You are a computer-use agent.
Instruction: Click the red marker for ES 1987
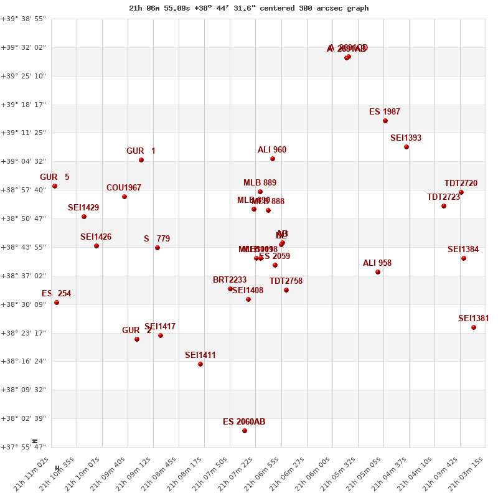pos(385,121)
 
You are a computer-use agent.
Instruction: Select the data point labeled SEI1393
pos(406,147)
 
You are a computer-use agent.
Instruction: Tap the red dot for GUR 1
pos(141,160)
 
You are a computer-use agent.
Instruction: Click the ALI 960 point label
pos(272,150)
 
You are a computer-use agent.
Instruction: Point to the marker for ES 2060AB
pos(245,431)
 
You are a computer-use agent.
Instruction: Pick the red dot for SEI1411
pos(200,364)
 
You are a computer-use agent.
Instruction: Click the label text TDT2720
pos(461,184)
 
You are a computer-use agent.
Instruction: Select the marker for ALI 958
pos(378,272)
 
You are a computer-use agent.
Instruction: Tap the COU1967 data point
pos(125,197)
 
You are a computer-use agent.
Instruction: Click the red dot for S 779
pos(157,248)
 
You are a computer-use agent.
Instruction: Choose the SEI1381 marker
pos(474,327)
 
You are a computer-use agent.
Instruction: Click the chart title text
pos(248,8)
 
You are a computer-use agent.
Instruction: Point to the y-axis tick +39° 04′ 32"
pos(23,161)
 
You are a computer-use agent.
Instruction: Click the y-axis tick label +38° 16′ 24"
pos(23,361)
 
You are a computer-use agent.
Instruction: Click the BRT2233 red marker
pos(230,289)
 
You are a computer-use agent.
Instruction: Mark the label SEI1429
pos(83,208)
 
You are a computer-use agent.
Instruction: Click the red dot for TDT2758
pos(286,290)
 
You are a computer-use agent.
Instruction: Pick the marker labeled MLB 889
pos(260,192)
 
